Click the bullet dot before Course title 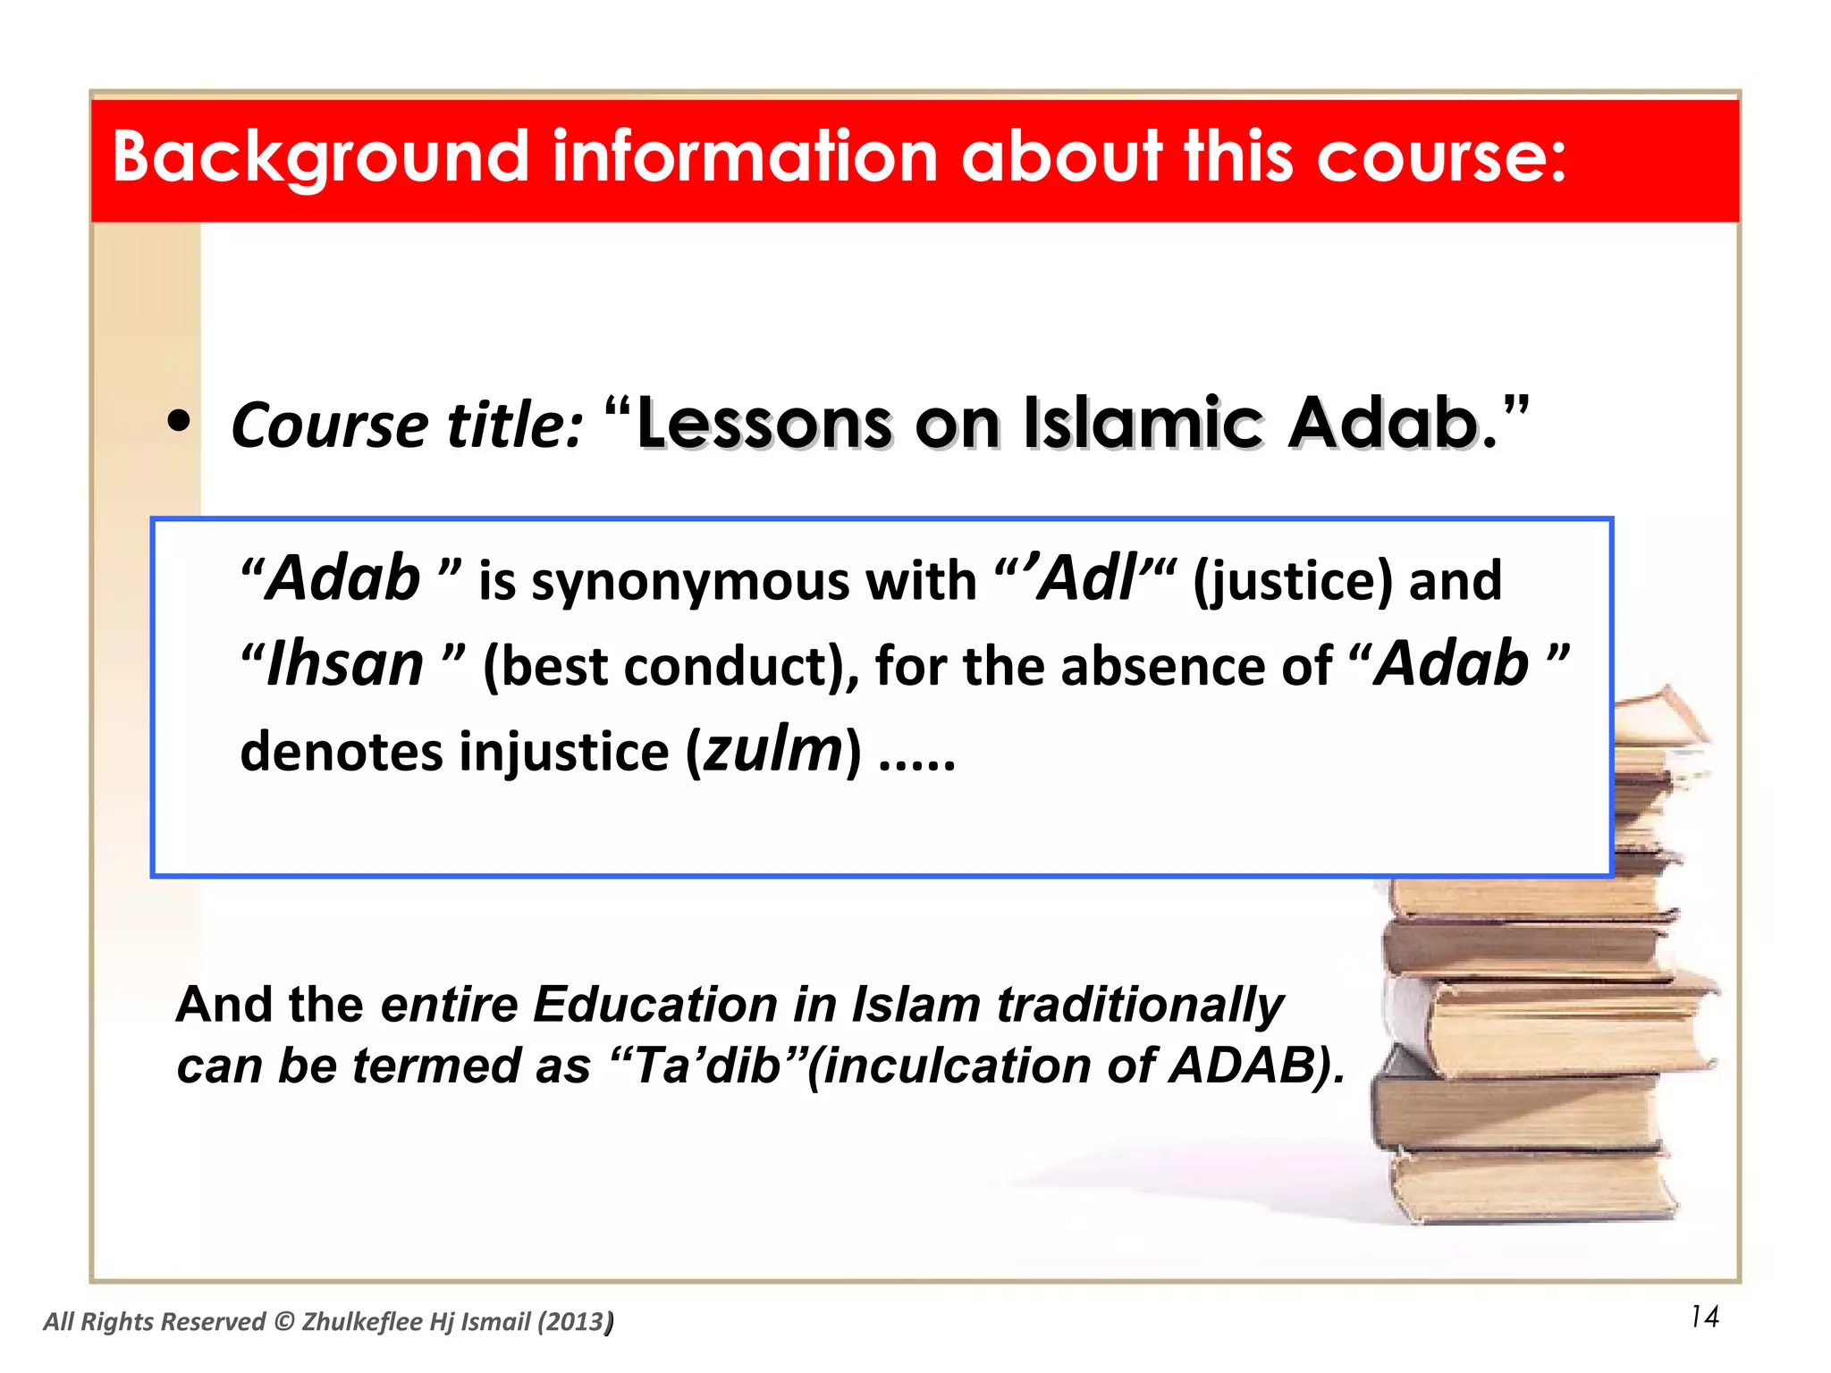click(x=180, y=424)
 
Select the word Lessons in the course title click(x=764, y=424)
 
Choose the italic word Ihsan click(x=345, y=666)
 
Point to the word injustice click(x=564, y=752)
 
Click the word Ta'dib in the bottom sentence click(x=706, y=1066)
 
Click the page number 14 click(x=1704, y=1317)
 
